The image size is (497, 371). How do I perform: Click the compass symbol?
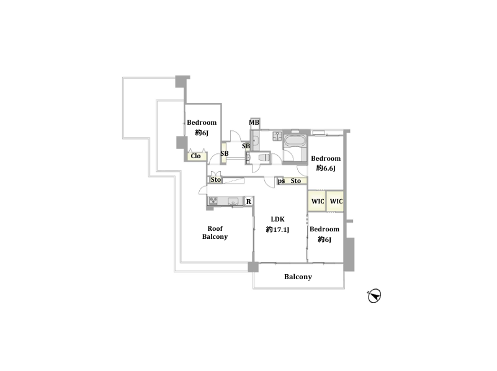tap(374, 296)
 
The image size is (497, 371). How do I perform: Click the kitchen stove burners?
tap(213, 200)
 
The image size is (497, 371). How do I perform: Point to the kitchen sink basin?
tap(233, 201)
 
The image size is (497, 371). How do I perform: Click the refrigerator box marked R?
tap(249, 202)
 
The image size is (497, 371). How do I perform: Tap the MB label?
tap(254, 122)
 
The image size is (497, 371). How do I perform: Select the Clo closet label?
tap(195, 156)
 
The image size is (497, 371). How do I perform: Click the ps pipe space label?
tap(281, 181)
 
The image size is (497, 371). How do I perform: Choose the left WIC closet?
tap(317, 201)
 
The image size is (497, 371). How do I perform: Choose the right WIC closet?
tap(335, 201)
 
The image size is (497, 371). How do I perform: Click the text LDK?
tap(277, 219)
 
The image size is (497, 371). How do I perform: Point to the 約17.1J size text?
tap(277, 230)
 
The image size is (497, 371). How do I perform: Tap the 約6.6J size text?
tap(326, 168)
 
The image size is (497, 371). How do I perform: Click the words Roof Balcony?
tap(215, 233)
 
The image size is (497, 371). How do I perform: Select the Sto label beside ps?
tap(296, 181)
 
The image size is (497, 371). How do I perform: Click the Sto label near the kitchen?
tap(216, 180)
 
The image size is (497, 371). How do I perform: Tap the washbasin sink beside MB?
tap(255, 141)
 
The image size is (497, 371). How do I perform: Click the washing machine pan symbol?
tap(277, 136)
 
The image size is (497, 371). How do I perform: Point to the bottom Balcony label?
tap(298, 277)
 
